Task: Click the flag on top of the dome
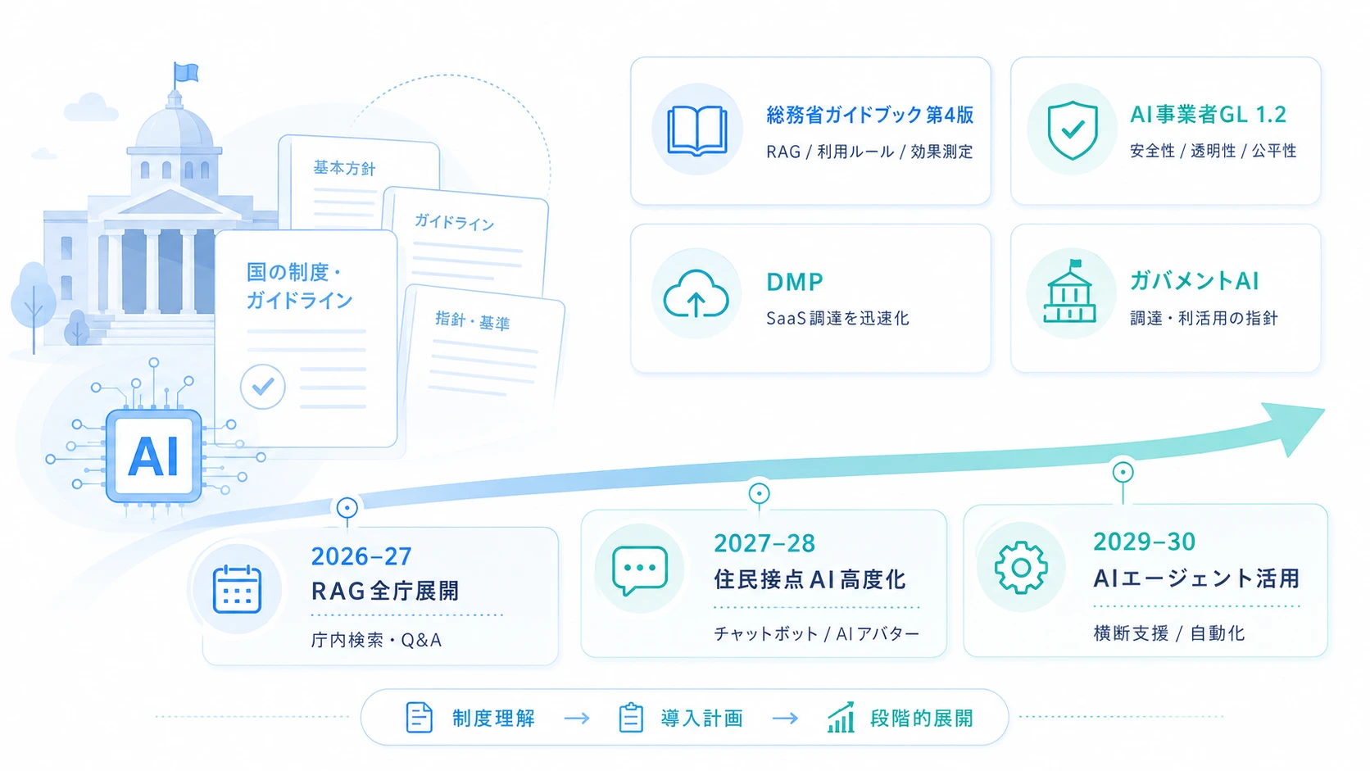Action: coord(186,72)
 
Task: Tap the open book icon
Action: coord(697,130)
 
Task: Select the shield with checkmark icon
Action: coord(1072,130)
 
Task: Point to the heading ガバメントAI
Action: coord(1194,281)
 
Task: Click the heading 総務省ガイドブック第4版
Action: coord(869,115)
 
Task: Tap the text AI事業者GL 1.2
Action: coord(1208,115)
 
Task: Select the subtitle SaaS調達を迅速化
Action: coord(837,318)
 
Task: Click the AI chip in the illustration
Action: coord(153,456)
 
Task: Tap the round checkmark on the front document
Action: coord(263,386)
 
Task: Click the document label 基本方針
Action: coord(344,168)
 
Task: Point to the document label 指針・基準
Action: coord(472,320)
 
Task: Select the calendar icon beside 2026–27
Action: coord(238,589)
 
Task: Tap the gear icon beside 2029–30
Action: coord(1021,568)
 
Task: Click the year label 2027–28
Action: coord(764,543)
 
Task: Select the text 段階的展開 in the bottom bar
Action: coord(922,718)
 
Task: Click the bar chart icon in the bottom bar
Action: coord(841,717)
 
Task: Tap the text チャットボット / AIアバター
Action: coord(816,633)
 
